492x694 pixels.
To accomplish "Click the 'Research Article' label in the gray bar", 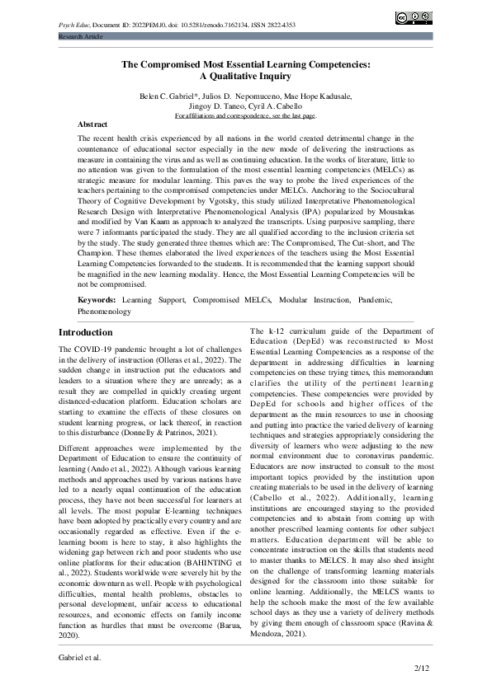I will click(80, 37).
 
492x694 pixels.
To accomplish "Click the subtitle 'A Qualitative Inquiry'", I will click(246, 76).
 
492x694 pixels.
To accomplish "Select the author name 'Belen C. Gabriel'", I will click(172, 96).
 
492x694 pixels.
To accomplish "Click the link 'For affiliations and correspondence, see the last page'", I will click(245, 116).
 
